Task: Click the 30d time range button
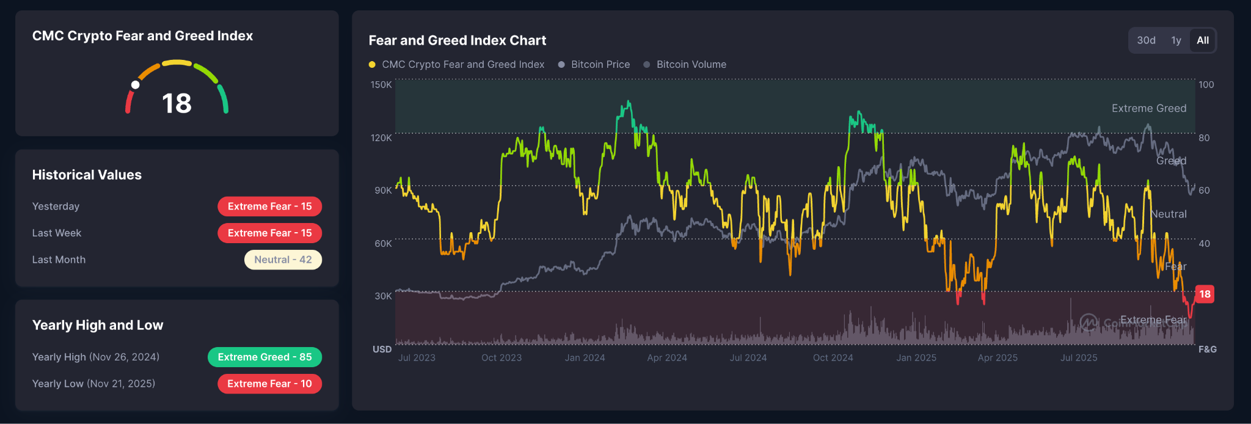tap(1146, 40)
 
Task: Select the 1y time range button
tap(1176, 40)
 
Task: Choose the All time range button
tap(1203, 40)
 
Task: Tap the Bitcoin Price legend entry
tap(600, 65)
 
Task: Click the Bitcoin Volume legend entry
tap(691, 65)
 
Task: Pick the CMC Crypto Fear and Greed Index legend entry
tap(462, 65)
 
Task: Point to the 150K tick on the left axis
tap(381, 85)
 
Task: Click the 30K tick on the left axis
tap(383, 296)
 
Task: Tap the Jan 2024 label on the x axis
tap(585, 358)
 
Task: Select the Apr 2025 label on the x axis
tap(998, 358)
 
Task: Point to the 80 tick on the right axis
tap(1204, 138)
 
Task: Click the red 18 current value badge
tap(1205, 294)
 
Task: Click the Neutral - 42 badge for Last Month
tap(283, 260)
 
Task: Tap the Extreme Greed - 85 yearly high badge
tap(264, 357)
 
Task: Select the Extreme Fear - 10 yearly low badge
tap(269, 384)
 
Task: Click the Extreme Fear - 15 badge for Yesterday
tap(269, 207)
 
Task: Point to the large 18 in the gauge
tap(177, 103)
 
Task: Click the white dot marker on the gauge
tap(136, 85)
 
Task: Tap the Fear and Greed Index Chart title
tap(458, 40)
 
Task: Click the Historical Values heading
tap(87, 175)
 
